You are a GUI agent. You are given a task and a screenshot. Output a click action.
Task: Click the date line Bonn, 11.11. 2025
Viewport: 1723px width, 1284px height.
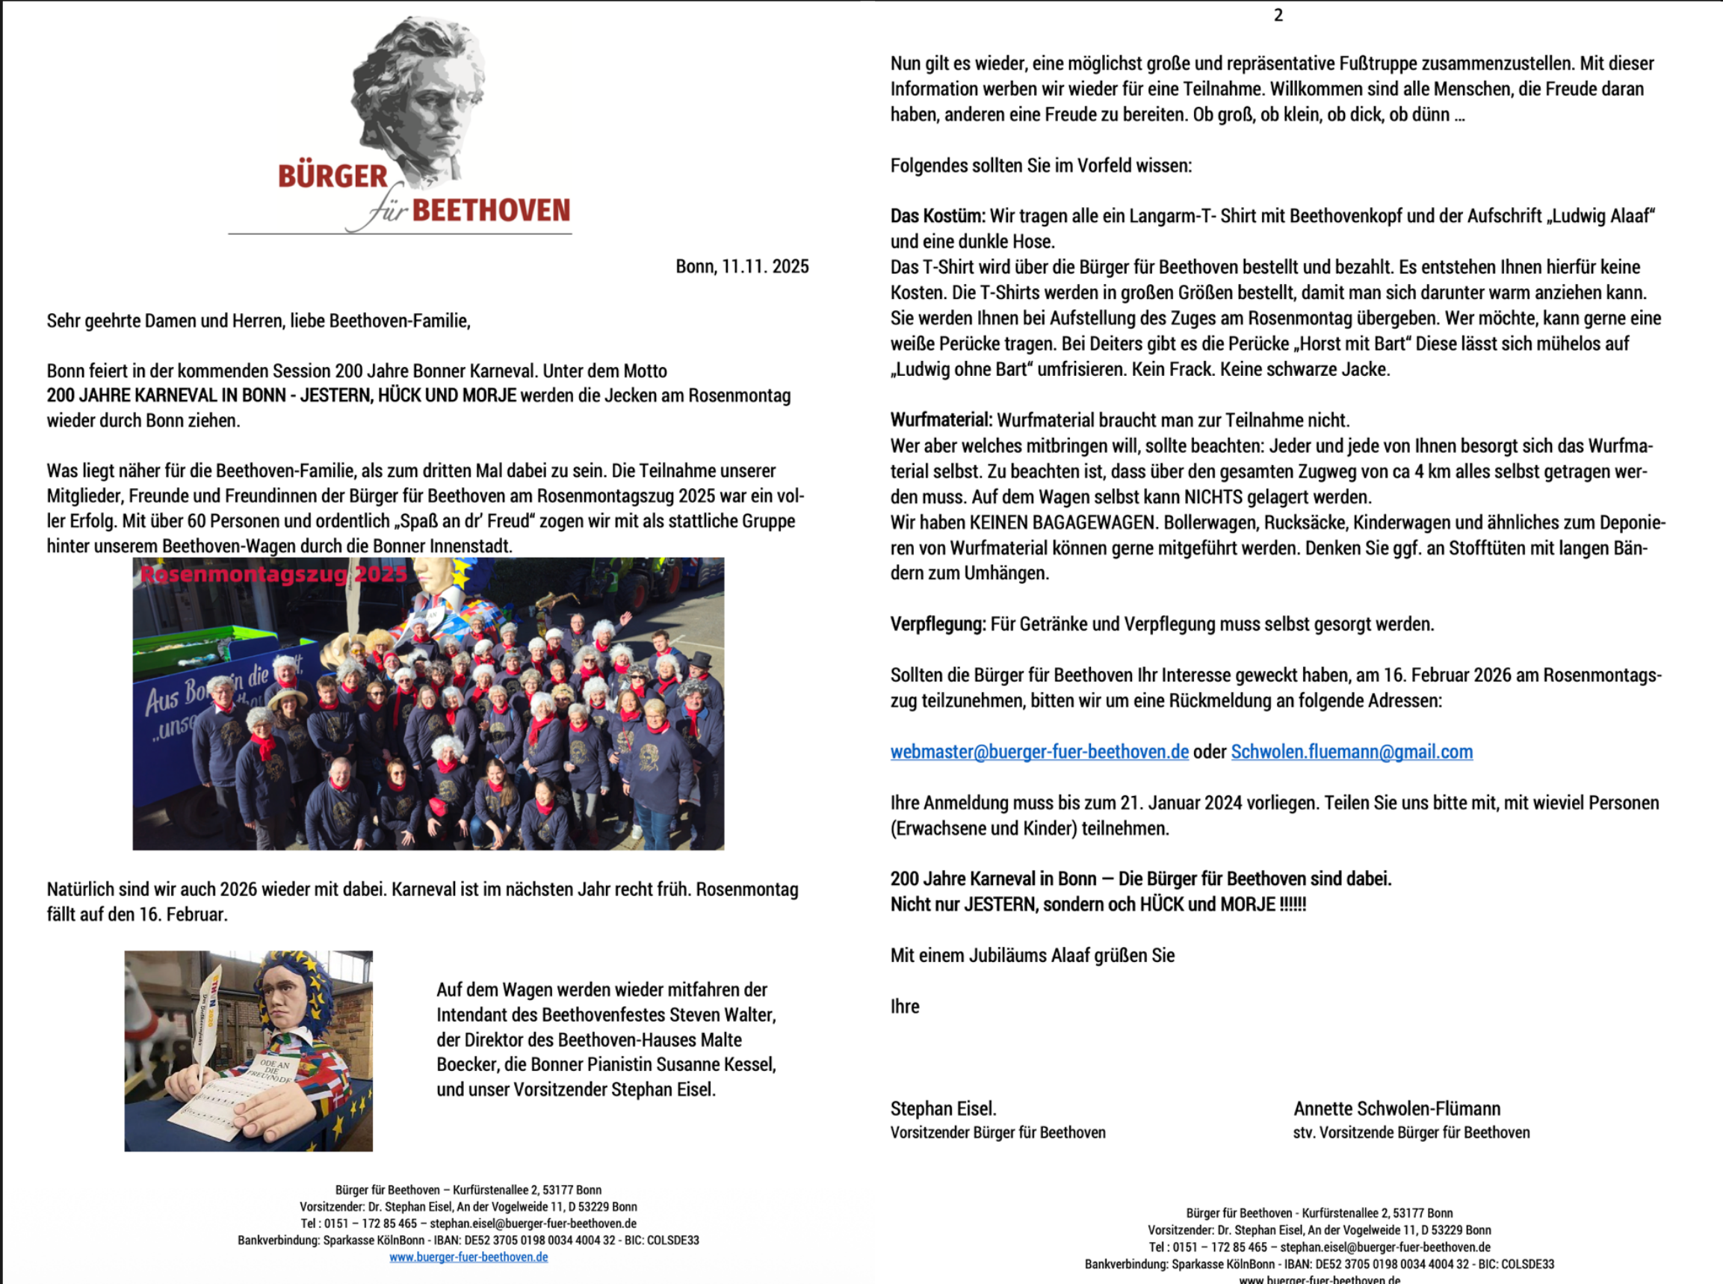pyautogui.click(x=742, y=267)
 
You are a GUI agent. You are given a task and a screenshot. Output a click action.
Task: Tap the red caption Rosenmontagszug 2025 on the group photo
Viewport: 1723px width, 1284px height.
pyautogui.click(x=273, y=575)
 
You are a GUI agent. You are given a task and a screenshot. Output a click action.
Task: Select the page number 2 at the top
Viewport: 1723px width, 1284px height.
pyautogui.click(x=1278, y=16)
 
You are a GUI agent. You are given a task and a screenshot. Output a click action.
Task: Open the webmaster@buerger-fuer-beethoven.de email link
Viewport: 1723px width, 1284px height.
pyautogui.click(x=1039, y=752)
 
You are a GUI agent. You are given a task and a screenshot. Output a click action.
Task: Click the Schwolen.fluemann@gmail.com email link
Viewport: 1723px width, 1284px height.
pyautogui.click(x=1352, y=752)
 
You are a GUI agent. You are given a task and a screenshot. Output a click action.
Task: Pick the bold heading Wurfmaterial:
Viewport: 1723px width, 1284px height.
pyautogui.click(x=941, y=421)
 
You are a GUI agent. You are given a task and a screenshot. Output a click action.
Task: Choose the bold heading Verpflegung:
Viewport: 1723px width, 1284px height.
pyautogui.click(x=938, y=624)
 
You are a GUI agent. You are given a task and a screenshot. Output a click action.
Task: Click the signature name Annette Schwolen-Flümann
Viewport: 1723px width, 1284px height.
pyautogui.click(x=1396, y=1108)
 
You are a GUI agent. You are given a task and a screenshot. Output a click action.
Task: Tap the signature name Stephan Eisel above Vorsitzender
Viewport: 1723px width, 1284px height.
pyautogui.click(x=942, y=1108)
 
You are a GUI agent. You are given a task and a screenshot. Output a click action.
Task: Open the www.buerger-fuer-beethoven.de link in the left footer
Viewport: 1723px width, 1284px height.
pyautogui.click(x=468, y=1257)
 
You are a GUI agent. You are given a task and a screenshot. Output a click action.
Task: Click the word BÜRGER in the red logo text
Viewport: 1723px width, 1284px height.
pyautogui.click(x=332, y=176)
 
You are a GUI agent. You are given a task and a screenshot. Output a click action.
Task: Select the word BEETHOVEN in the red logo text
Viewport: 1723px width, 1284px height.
pyautogui.click(x=491, y=211)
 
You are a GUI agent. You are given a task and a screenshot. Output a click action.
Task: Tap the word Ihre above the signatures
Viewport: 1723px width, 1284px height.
pyautogui.click(x=904, y=1007)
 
